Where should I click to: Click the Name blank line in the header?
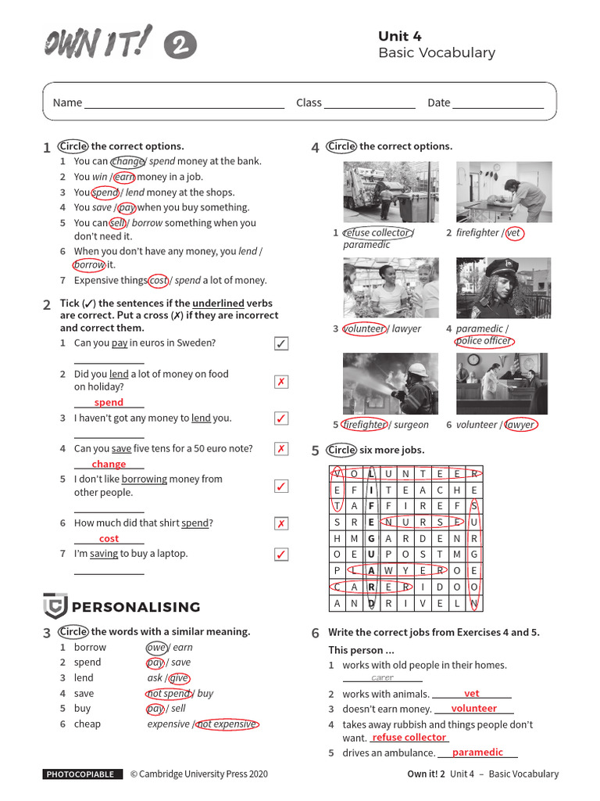pyautogui.click(x=184, y=104)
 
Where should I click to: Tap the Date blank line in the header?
pyautogui.click(x=498, y=104)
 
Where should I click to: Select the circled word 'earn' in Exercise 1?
pyautogui.click(x=124, y=177)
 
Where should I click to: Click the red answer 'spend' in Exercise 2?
pyautogui.click(x=109, y=402)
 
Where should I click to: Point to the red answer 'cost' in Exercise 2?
pyautogui.click(x=109, y=539)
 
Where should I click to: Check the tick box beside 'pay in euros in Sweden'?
pyautogui.click(x=281, y=344)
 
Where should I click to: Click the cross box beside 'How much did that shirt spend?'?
pyautogui.click(x=281, y=524)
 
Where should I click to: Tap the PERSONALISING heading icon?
pyautogui.click(x=55, y=606)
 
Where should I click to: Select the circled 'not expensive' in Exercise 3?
pyautogui.click(x=227, y=724)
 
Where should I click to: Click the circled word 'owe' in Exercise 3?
pyautogui.click(x=156, y=648)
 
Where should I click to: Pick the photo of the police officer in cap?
pyautogui.click(x=503, y=288)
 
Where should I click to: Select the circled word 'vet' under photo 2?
pyautogui.click(x=513, y=233)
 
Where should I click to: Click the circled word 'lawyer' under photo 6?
pyautogui.click(x=520, y=426)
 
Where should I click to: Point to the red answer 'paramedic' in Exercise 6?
pyautogui.click(x=477, y=753)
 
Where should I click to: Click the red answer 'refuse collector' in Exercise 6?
pyautogui.click(x=409, y=738)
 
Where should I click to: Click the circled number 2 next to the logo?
pyautogui.click(x=180, y=45)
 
